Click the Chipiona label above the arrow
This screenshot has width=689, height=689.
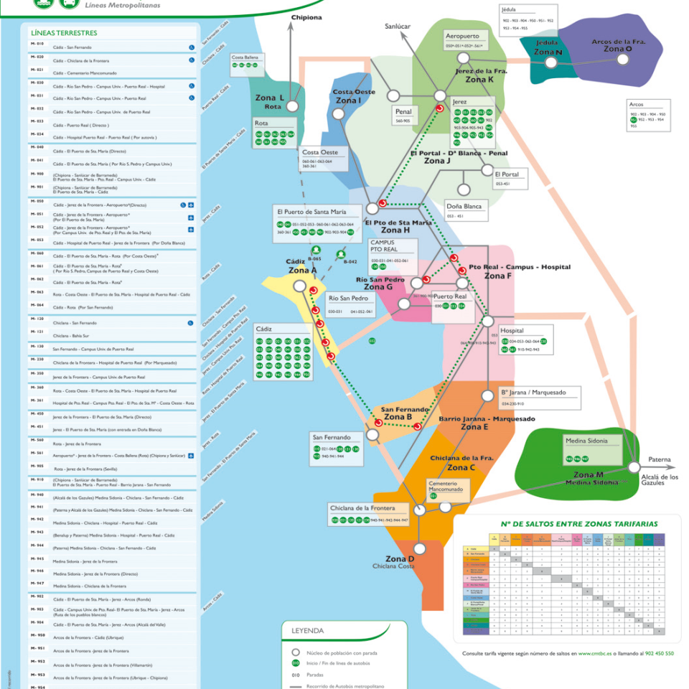307,18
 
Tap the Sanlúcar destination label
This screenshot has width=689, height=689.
398,26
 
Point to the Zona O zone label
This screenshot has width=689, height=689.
618,45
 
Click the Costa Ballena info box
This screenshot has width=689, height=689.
245,61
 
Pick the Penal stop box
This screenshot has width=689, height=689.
403,116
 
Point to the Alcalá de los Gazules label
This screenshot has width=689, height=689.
659,479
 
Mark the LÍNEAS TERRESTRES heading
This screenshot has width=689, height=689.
64,33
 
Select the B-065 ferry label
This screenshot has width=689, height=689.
314,258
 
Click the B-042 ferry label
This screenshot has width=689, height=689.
350,262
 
